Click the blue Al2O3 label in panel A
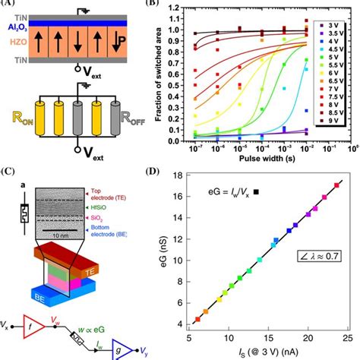click(x=15, y=25)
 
